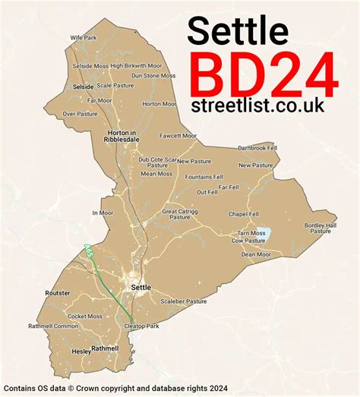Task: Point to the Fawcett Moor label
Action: (x=178, y=136)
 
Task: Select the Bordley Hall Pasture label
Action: (x=320, y=228)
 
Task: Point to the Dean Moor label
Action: (x=256, y=255)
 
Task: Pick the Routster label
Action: (x=58, y=293)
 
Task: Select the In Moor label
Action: (x=103, y=213)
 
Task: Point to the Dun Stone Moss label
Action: (x=154, y=76)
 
